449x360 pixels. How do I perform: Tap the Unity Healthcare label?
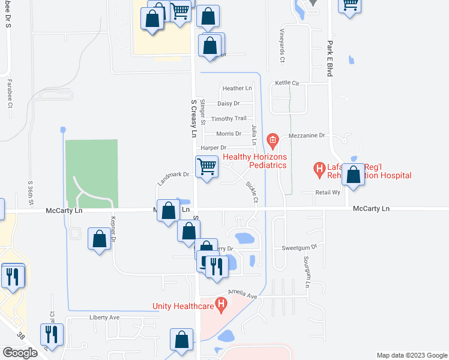[183, 306]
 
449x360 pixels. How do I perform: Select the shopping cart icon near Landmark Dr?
[207, 166]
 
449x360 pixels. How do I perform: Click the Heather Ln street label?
[237, 88]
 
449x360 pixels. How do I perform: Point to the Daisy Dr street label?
[229, 103]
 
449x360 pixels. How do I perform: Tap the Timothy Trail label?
[233, 118]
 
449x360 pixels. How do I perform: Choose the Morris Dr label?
[229, 133]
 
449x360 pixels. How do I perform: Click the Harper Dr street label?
[214, 148]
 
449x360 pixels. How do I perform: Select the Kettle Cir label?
[287, 82]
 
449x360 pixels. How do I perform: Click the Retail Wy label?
[328, 193]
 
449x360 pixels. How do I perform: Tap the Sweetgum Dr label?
[299, 247]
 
